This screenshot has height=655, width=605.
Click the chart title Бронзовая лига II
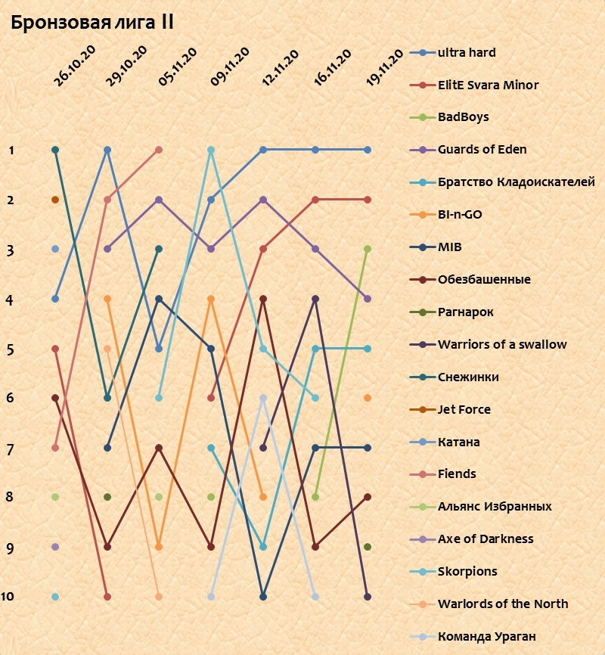[92, 23]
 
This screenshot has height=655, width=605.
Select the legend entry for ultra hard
[467, 53]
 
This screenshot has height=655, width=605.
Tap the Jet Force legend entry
[464, 409]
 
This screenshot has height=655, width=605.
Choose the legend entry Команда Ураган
[486, 636]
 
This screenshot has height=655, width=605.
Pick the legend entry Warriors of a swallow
[502, 344]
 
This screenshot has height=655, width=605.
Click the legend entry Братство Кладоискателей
[516, 182]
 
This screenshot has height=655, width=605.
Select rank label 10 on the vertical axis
[8, 597]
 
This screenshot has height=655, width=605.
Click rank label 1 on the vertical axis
[11, 151]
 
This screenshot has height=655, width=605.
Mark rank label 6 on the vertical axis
[10, 398]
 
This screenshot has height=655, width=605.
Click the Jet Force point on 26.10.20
[55, 200]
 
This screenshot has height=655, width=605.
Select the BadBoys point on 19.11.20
[368, 249]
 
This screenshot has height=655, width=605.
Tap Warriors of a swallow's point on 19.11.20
[368, 597]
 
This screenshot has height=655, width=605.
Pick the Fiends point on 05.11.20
[159, 150]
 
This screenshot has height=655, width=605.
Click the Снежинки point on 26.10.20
[55, 150]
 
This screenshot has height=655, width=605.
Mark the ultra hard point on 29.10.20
[107, 150]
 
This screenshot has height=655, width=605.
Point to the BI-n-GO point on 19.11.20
[368, 398]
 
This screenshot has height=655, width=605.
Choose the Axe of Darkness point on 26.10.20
[55, 546]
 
